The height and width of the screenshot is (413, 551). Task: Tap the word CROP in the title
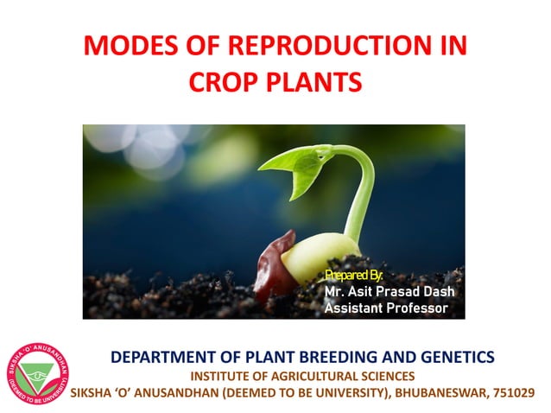tap(225, 84)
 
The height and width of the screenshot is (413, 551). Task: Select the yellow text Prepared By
tap(352, 275)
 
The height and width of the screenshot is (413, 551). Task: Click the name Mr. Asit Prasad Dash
tap(389, 291)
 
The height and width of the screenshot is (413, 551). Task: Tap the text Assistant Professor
tap(386, 308)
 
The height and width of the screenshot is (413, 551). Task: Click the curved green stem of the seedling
tap(362, 190)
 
